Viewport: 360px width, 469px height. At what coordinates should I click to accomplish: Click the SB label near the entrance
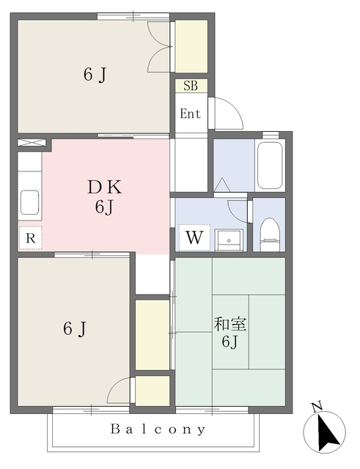(191, 86)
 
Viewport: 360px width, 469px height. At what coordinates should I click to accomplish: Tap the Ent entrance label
(191, 114)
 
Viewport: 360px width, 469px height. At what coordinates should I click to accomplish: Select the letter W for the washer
(194, 237)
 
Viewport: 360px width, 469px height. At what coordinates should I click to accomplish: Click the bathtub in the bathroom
(269, 165)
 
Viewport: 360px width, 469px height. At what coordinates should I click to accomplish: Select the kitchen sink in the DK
(29, 200)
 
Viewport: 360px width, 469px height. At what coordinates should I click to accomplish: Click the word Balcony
(158, 429)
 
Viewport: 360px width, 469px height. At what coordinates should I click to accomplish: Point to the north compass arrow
(327, 433)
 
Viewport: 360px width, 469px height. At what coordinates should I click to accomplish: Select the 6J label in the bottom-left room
(74, 329)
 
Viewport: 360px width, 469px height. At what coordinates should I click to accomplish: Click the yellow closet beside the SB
(191, 46)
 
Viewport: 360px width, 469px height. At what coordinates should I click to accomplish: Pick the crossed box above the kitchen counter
(31, 142)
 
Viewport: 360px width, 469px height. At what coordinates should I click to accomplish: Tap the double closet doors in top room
(160, 46)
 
